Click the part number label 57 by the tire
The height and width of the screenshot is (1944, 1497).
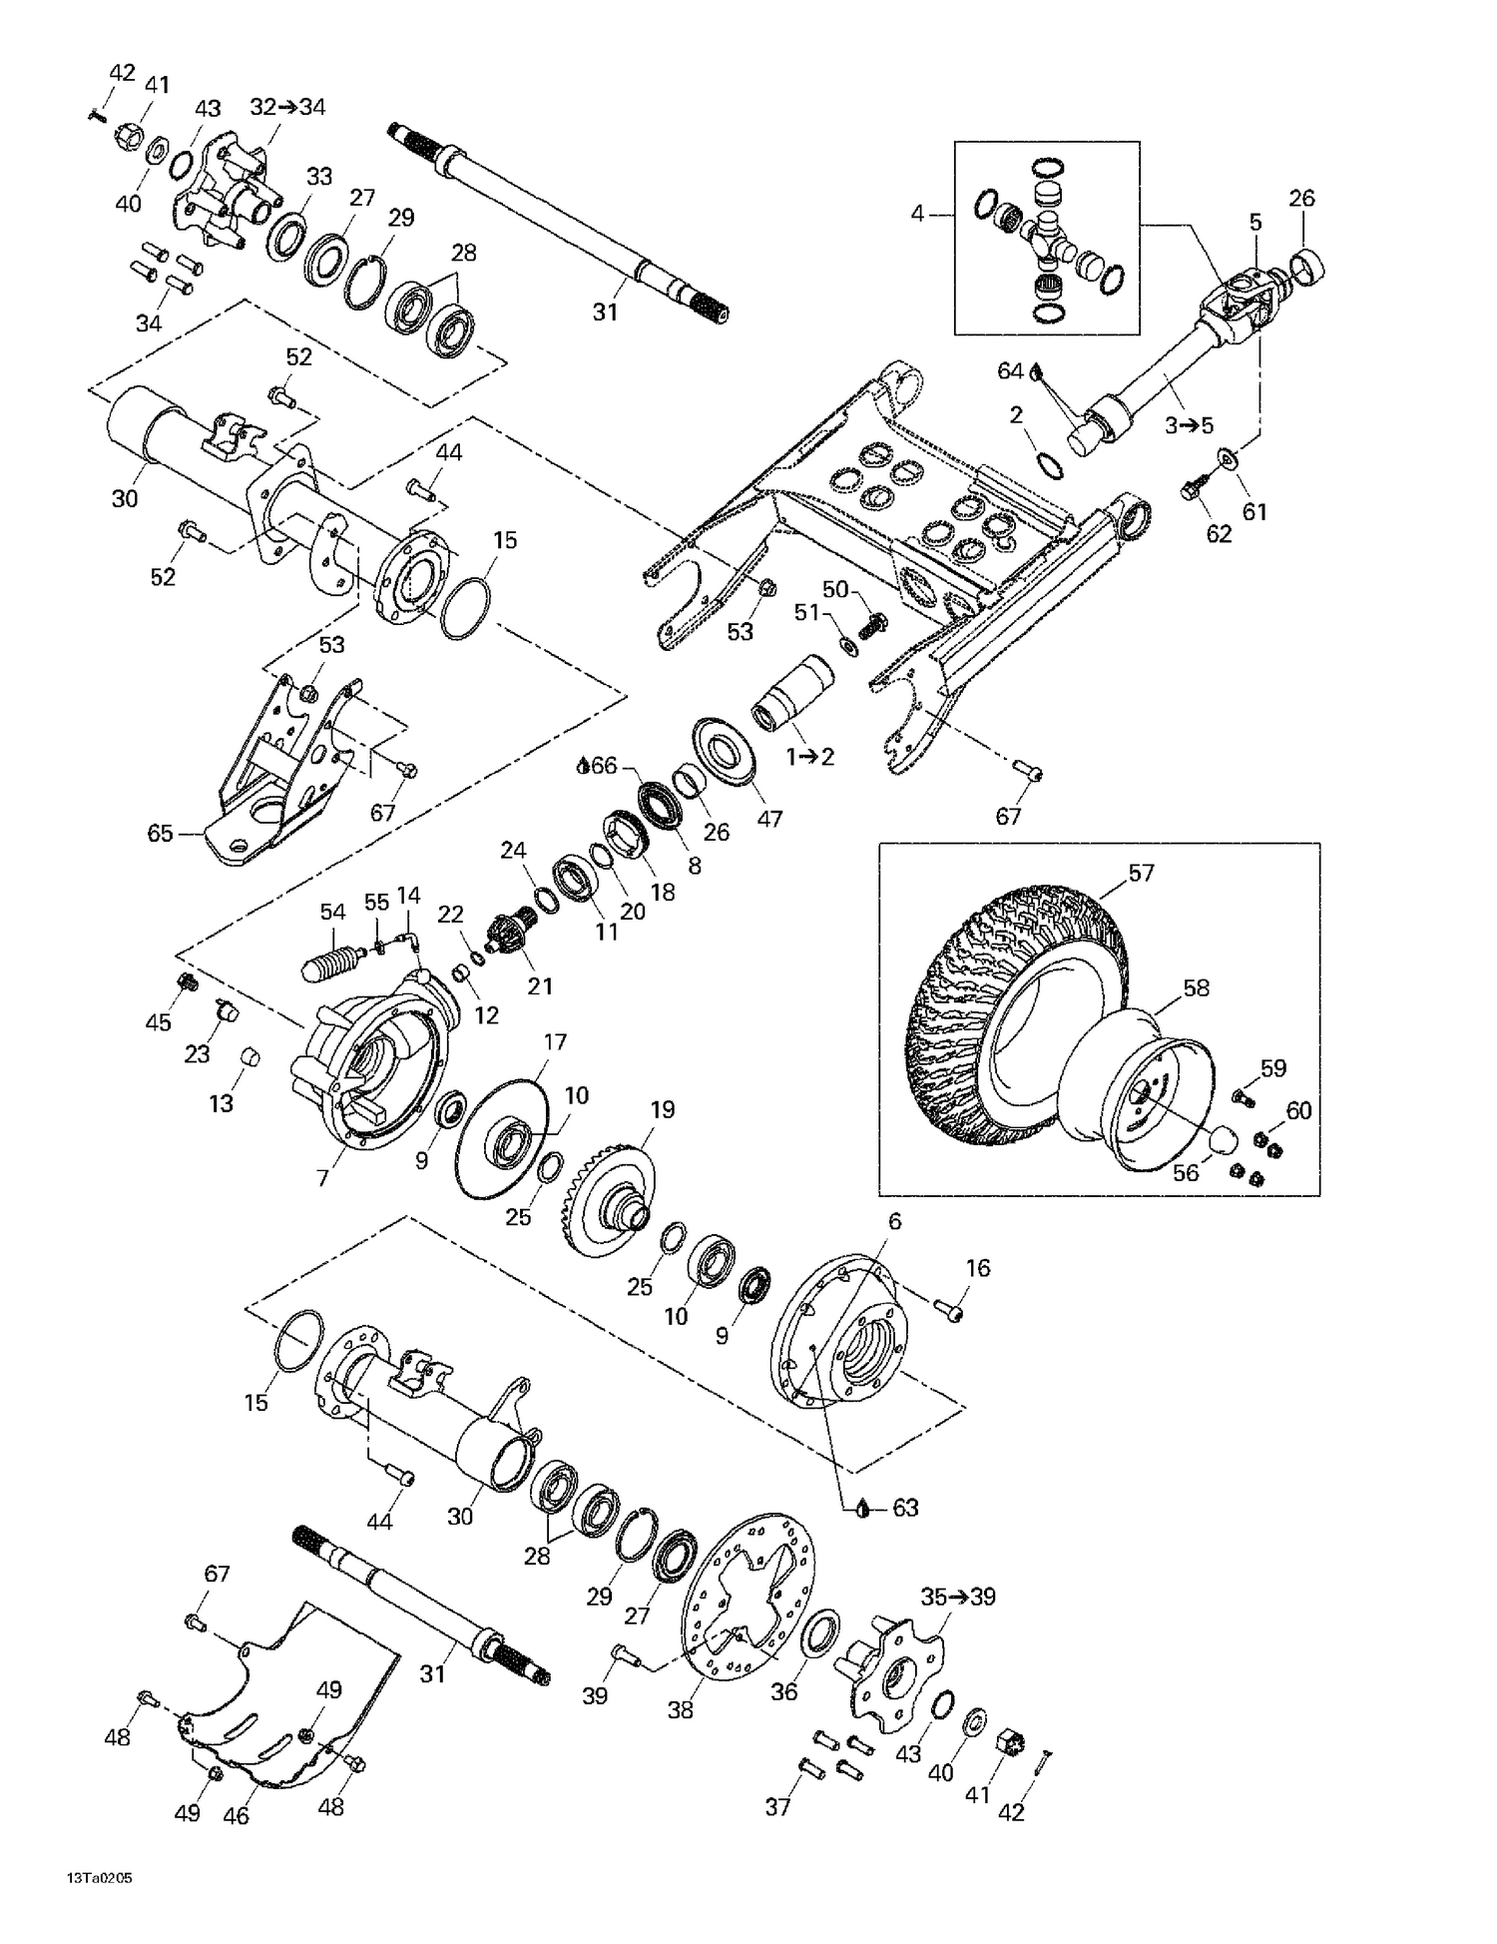click(x=1141, y=873)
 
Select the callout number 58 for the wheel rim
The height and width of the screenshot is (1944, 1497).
click(x=1196, y=987)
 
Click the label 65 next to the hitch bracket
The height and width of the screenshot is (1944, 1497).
click(x=160, y=833)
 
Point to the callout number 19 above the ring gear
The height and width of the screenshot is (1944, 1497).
click(x=663, y=1109)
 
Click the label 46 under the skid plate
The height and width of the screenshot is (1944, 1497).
click(x=236, y=1816)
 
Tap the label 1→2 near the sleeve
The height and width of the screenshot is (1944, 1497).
click(x=809, y=757)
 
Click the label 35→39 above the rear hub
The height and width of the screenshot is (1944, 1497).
click(x=958, y=1597)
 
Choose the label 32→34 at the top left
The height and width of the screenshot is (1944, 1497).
click(x=287, y=107)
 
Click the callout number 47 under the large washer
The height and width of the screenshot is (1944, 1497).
click(x=768, y=819)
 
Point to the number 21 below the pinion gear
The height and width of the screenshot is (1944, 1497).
click(x=540, y=986)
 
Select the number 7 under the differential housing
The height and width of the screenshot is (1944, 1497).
click(x=322, y=1178)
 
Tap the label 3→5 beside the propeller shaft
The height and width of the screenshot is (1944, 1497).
click(x=1189, y=425)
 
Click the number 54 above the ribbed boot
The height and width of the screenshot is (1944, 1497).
click(x=332, y=912)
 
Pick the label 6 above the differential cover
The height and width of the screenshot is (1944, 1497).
click(x=894, y=1221)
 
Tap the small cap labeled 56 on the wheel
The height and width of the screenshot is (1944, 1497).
click(x=1224, y=1139)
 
